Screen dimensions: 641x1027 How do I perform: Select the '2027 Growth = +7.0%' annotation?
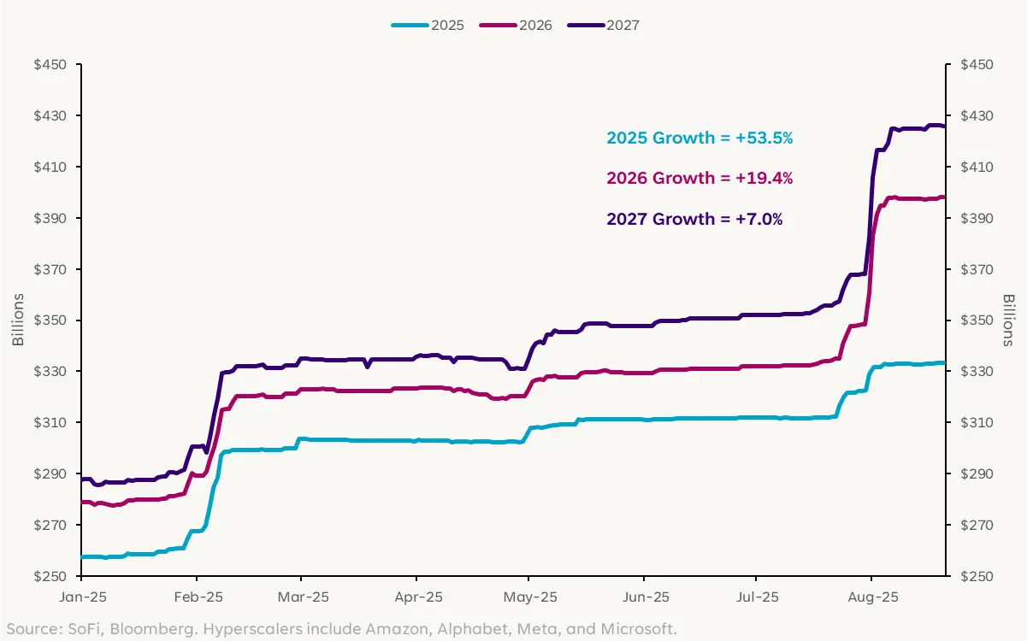pyautogui.click(x=694, y=219)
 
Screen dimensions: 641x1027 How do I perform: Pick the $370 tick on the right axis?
pyautogui.click(x=977, y=269)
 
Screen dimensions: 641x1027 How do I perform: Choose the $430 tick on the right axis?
pyautogui.click(x=977, y=115)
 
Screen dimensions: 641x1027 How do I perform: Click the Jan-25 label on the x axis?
pyautogui.click(x=81, y=596)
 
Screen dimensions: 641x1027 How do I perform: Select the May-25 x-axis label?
pyautogui.click(x=530, y=596)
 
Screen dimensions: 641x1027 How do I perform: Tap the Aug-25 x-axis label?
pyautogui.click(x=871, y=596)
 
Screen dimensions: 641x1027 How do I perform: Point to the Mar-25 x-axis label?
pyautogui.click(x=303, y=596)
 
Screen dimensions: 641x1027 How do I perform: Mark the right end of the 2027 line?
pyautogui.click(x=944, y=126)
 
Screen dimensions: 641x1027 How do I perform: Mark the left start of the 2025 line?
pyautogui.click(x=81, y=557)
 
